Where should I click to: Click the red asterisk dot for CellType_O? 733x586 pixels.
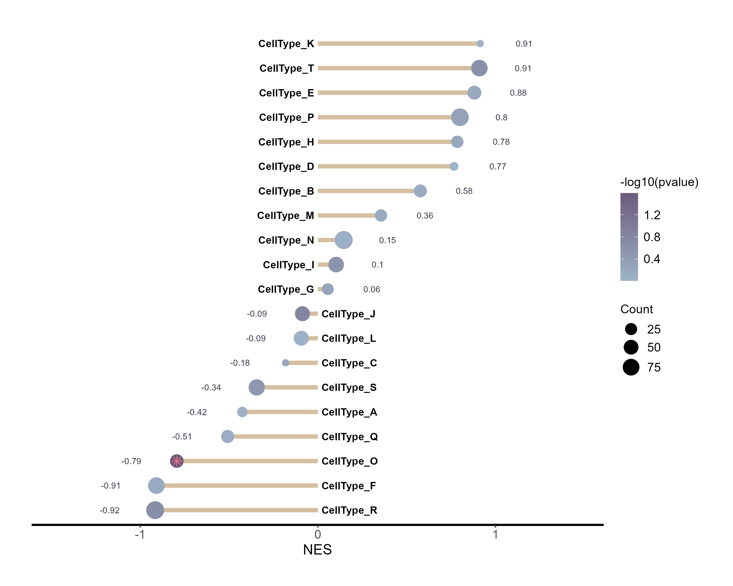(x=176, y=461)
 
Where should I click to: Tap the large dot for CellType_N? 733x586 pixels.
(x=343, y=240)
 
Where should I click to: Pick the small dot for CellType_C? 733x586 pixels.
(x=286, y=363)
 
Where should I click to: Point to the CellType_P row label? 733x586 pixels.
(x=286, y=117)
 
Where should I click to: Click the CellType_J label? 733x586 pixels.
(x=348, y=314)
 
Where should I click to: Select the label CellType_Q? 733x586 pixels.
(x=349, y=437)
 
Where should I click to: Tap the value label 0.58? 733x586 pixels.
(x=464, y=191)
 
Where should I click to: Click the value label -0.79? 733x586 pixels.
(x=131, y=461)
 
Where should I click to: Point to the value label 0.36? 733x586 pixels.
(x=425, y=216)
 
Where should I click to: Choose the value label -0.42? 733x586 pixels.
(x=197, y=412)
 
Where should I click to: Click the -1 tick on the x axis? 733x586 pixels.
(x=140, y=535)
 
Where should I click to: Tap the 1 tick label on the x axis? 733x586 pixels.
(x=495, y=535)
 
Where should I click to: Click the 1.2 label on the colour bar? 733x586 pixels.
(x=652, y=215)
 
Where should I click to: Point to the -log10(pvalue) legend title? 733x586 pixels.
(x=659, y=182)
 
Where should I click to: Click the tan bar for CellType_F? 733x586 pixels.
(x=238, y=486)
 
